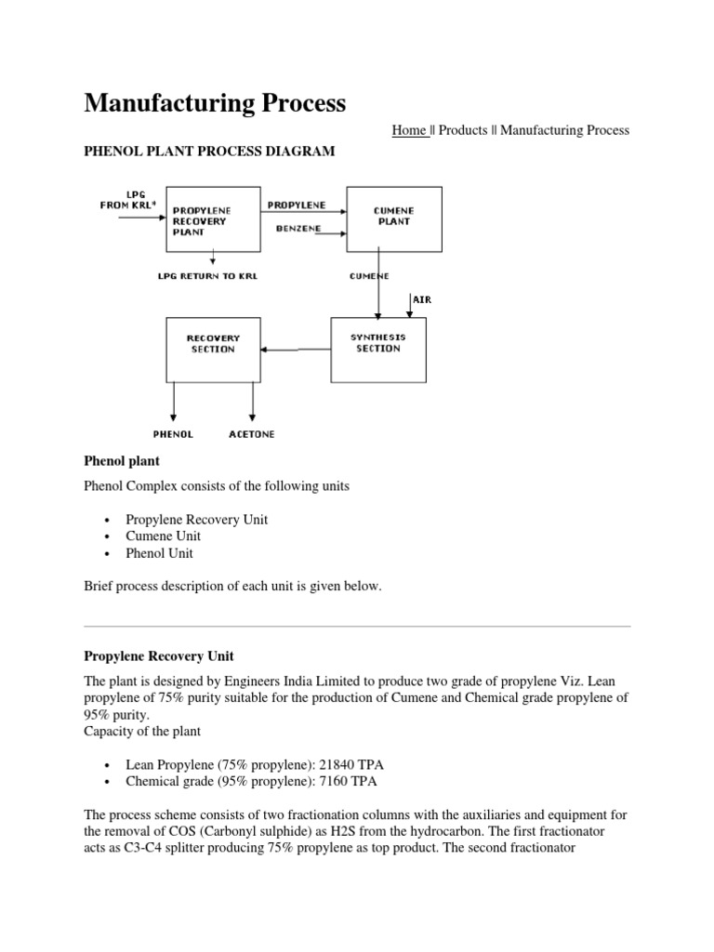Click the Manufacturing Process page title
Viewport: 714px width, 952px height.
215,103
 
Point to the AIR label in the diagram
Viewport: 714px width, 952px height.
422,300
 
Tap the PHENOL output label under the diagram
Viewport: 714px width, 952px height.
173,434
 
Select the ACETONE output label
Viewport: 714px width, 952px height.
251,434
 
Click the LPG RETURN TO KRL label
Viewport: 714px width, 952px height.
215,276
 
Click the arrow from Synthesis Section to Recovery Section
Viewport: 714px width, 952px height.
297,350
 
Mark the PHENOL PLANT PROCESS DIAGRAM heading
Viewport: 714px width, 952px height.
209,152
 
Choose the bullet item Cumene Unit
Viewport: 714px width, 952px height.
164,536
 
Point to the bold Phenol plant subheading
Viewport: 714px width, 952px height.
122,461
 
